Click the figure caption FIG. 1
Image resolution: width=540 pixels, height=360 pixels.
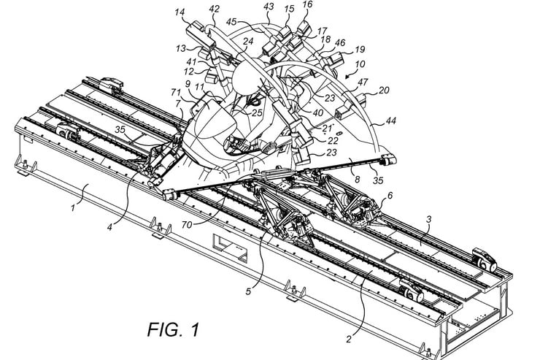click(x=173, y=329)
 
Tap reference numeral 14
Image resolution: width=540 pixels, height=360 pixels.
click(x=180, y=12)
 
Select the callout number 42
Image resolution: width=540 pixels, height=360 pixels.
click(x=214, y=9)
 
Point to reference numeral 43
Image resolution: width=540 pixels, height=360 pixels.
click(x=269, y=7)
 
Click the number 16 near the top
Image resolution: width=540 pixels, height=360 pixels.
click(x=307, y=4)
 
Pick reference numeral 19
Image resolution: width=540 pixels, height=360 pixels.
click(x=359, y=50)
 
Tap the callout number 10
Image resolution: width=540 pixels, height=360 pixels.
click(x=360, y=64)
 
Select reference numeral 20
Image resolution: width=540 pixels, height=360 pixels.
click(x=383, y=91)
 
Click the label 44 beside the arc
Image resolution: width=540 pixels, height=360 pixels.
click(x=390, y=120)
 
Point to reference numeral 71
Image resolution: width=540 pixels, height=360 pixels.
click(x=176, y=92)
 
